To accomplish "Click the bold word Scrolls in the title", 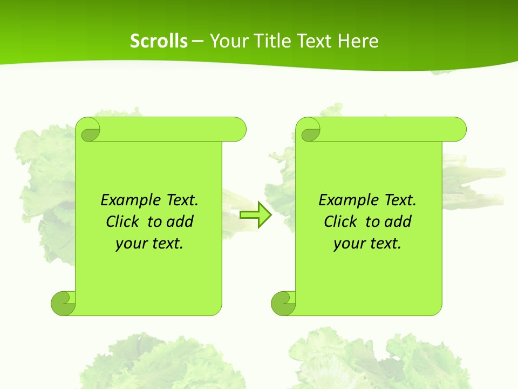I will [159, 41].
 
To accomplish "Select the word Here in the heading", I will [358, 41].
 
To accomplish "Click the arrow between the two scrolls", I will [255, 214].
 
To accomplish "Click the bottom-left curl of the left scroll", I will [64, 304].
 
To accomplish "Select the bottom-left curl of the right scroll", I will [283, 304].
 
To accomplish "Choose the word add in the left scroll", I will [180, 222].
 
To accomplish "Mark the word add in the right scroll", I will [398, 222].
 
